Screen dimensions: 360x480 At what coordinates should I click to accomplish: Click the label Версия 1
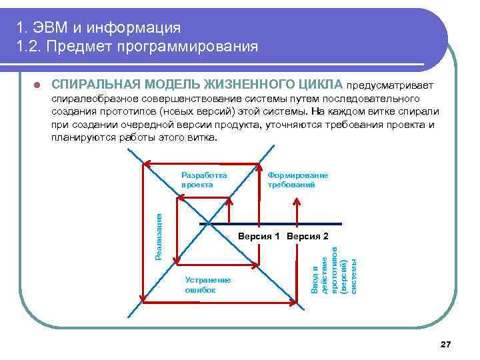click(x=261, y=236)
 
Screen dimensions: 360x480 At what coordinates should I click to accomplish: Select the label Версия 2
click(x=307, y=236)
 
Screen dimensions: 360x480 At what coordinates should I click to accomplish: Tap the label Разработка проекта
click(x=204, y=179)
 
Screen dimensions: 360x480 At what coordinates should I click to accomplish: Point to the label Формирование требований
click(x=297, y=179)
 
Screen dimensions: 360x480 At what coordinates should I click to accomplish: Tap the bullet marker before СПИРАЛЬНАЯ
click(x=37, y=85)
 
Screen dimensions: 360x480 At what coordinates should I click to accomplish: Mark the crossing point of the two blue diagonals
click(x=209, y=223)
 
